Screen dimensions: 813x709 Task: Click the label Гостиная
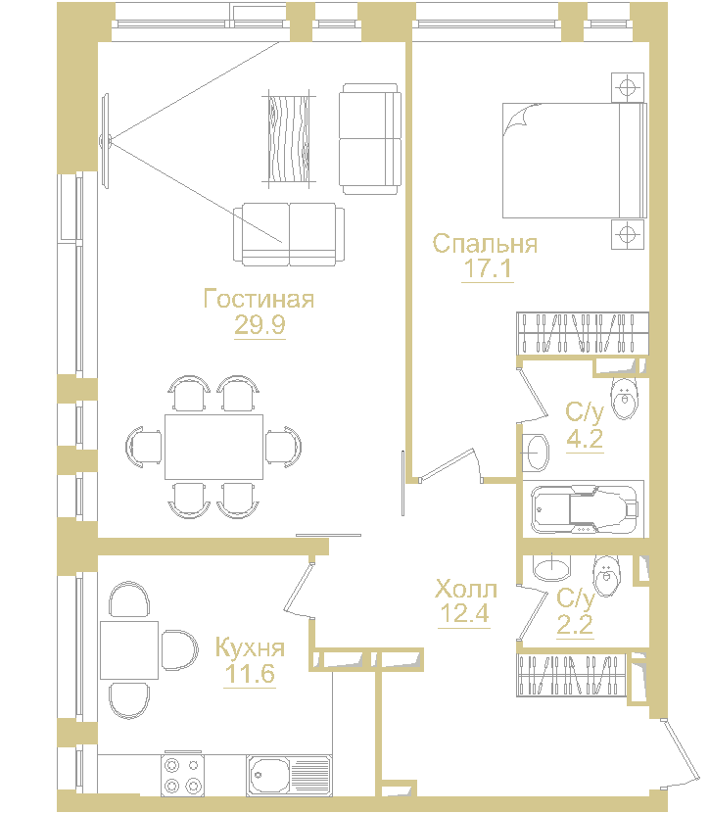260,299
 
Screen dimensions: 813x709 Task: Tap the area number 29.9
260,324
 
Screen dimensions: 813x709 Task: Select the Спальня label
486,244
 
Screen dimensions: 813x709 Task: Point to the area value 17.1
488,269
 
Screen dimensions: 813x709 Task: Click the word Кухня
250,647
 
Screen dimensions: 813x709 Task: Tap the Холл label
466,590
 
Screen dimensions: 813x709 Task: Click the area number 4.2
585,437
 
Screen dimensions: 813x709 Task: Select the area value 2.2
576,624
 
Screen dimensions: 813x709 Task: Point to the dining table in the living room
213,447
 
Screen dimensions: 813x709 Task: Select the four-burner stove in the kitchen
182,775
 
